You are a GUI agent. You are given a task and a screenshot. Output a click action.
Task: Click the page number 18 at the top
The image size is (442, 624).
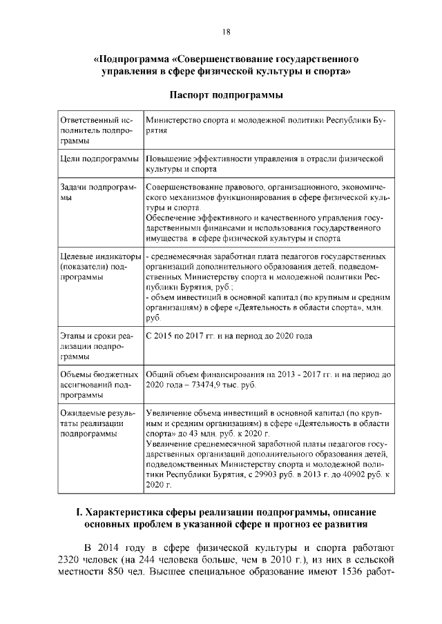(x=226, y=32)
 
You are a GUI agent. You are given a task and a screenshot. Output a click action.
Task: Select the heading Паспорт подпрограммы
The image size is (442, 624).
(x=226, y=92)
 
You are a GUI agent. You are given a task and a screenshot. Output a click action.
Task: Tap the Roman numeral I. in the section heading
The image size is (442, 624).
(x=78, y=512)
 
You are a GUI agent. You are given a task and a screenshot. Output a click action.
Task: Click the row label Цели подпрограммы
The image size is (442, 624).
(x=99, y=159)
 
